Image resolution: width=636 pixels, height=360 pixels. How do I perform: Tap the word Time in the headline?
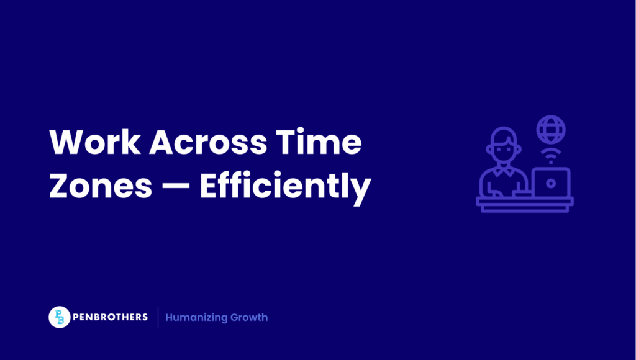pyautogui.click(x=325, y=143)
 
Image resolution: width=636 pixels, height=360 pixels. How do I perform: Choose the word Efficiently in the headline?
pyautogui.click(x=286, y=186)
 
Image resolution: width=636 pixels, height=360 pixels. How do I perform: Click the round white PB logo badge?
pyautogui.click(x=60, y=317)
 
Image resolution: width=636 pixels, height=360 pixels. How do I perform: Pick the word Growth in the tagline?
pyautogui.click(x=249, y=317)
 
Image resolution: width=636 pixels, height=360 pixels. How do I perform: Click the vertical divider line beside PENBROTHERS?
pyautogui.click(x=158, y=317)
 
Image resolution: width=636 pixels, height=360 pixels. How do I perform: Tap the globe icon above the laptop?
pyautogui.click(x=551, y=130)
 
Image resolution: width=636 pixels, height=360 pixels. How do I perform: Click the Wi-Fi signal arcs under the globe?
pyautogui.click(x=551, y=153)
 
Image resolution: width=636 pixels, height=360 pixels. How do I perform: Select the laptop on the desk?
pyautogui.click(x=551, y=181)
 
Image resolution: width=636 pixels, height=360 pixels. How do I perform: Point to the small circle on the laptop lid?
pyautogui.click(x=551, y=182)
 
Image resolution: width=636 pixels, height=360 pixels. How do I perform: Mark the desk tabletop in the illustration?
pyautogui.click(x=525, y=201)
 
